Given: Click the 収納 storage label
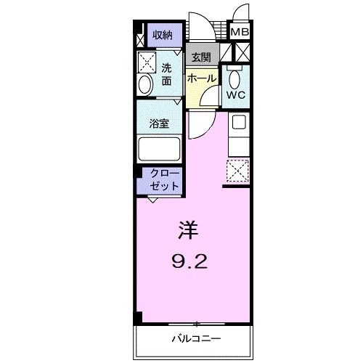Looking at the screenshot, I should coord(161,35).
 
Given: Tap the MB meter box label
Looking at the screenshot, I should coord(240,32).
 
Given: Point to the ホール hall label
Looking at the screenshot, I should coord(201,78).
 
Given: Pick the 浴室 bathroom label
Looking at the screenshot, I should coord(159,124).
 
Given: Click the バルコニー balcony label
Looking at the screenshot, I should coord(196,338).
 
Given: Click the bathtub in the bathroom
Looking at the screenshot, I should coord(160,150).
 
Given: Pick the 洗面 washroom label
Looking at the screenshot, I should coord(166,74).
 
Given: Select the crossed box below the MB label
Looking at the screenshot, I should coord(240,52).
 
